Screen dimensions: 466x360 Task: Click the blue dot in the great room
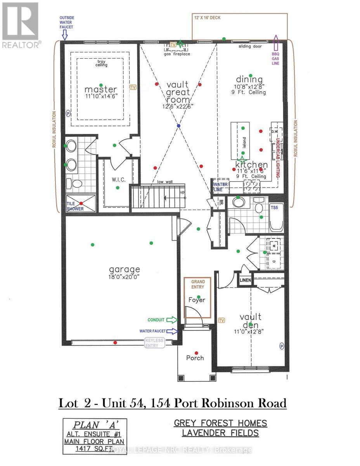click(x=178, y=126)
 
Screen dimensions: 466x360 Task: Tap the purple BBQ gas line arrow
click(x=276, y=41)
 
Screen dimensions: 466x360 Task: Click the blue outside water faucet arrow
click(x=65, y=36)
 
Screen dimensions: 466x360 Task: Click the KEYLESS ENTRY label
click(x=154, y=343)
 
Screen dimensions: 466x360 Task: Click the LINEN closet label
click(x=246, y=280)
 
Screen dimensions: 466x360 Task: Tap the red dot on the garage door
click(x=115, y=342)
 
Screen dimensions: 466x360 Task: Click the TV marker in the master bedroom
click(x=134, y=87)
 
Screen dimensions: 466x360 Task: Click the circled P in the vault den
click(x=282, y=346)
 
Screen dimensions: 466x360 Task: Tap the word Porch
click(x=195, y=358)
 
